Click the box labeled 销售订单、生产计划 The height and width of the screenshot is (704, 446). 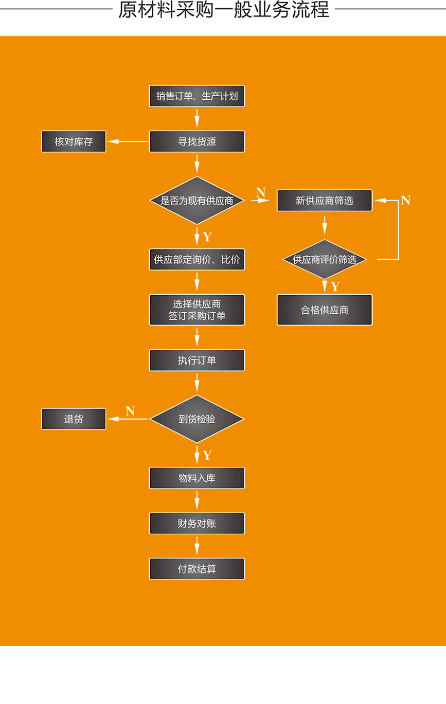(197, 96)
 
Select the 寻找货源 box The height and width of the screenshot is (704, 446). (197, 141)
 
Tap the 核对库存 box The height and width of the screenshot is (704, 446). (74, 141)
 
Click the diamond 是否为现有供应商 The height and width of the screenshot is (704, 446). (197, 201)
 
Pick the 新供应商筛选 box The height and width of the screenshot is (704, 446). (325, 201)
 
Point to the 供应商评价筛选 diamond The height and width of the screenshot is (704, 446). (325, 260)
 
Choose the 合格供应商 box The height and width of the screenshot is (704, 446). (325, 310)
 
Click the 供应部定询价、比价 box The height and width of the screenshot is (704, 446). (197, 260)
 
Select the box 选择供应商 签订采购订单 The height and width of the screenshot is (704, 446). (197, 310)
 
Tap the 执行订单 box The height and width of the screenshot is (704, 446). (197, 360)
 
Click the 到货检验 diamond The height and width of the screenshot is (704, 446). (197, 419)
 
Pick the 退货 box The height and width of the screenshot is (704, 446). (74, 419)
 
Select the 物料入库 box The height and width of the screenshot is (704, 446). (197, 478)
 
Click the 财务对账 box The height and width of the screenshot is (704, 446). (197, 524)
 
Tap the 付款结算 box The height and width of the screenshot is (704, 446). (197, 569)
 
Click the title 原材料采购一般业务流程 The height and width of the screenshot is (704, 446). (223, 10)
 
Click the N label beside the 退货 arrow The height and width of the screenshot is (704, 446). (130, 411)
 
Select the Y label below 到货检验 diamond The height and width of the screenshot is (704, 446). (207, 455)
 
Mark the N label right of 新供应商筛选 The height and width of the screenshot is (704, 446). (405, 201)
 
